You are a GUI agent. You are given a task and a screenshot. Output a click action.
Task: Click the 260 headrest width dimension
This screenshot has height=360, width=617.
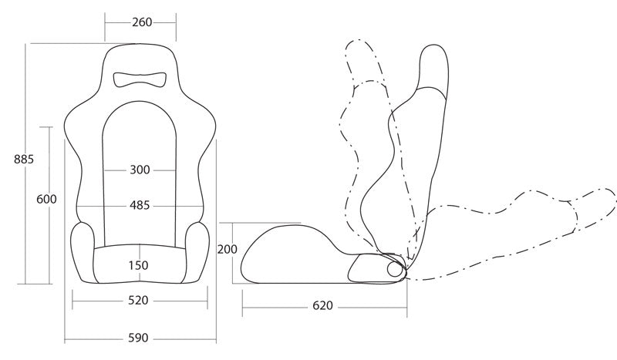(x=142, y=22)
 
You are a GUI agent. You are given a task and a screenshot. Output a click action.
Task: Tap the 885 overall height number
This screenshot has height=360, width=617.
(x=24, y=160)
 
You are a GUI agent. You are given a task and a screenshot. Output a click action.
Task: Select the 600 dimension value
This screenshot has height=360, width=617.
(x=46, y=199)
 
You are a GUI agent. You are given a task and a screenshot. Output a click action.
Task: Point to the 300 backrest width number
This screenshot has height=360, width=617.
(x=140, y=170)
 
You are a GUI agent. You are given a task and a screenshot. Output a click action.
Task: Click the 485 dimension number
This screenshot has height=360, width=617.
(x=140, y=205)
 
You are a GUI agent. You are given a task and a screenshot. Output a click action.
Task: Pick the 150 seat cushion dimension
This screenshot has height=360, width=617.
(x=139, y=265)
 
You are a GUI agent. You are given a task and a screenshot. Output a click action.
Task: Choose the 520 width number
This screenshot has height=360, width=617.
(x=139, y=301)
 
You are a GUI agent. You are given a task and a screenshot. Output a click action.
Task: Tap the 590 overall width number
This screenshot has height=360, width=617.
(x=139, y=338)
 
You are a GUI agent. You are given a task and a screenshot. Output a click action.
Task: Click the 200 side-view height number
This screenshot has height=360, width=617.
(x=228, y=249)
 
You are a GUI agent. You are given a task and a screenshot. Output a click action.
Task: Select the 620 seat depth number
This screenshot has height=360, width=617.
(x=322, y=305)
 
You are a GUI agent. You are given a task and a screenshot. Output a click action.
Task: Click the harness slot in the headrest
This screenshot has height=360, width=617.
(x=140, y=79)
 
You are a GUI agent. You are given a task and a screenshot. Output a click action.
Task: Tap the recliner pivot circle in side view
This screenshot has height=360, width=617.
(x=394, y=269)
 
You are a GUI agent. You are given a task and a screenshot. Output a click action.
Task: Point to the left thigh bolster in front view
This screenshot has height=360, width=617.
(x=83, y=253)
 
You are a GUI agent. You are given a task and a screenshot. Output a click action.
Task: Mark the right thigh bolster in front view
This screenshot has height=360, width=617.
(x=197, y=253)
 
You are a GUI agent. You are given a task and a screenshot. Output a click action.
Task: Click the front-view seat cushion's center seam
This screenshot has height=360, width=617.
(x=140, y=262)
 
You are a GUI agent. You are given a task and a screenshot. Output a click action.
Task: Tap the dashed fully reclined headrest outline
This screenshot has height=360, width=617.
(x=593, y=210)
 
